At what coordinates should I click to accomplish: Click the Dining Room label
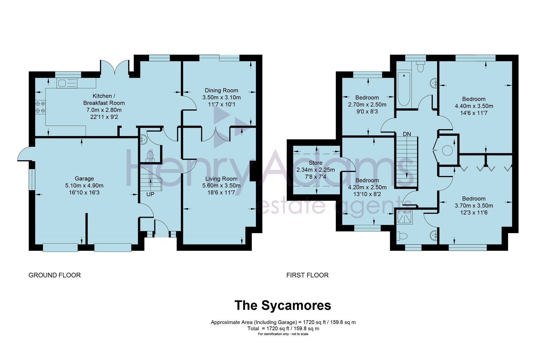click(x=221, y=90)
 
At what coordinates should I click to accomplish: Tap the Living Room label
click(x=221, y=179)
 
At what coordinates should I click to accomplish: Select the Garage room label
click(x=84, y=178)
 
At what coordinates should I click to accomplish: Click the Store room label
click(x=316, y=163)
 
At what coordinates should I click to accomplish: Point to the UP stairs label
click(x=150, y=194)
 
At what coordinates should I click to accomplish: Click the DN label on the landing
click(x=407, y=134)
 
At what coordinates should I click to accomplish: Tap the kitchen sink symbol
click(x=67, y=83)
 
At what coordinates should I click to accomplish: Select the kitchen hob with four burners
click(x=40, y=107)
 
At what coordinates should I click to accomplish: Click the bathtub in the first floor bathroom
click(x=404, y=89)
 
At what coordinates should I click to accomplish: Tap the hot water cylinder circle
click(x=447, y=150)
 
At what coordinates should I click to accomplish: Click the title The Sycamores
click(x=283, y=305)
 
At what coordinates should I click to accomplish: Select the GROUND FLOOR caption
click(x=55, y=275)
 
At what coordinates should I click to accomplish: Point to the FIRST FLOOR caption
click(x=308, y=275)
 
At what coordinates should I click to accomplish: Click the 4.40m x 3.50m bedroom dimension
click(x=474, y=106)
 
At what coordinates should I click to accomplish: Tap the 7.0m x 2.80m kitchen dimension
click(x=104, y=110)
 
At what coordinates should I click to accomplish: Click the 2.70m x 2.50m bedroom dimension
click(x=367, y=104)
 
